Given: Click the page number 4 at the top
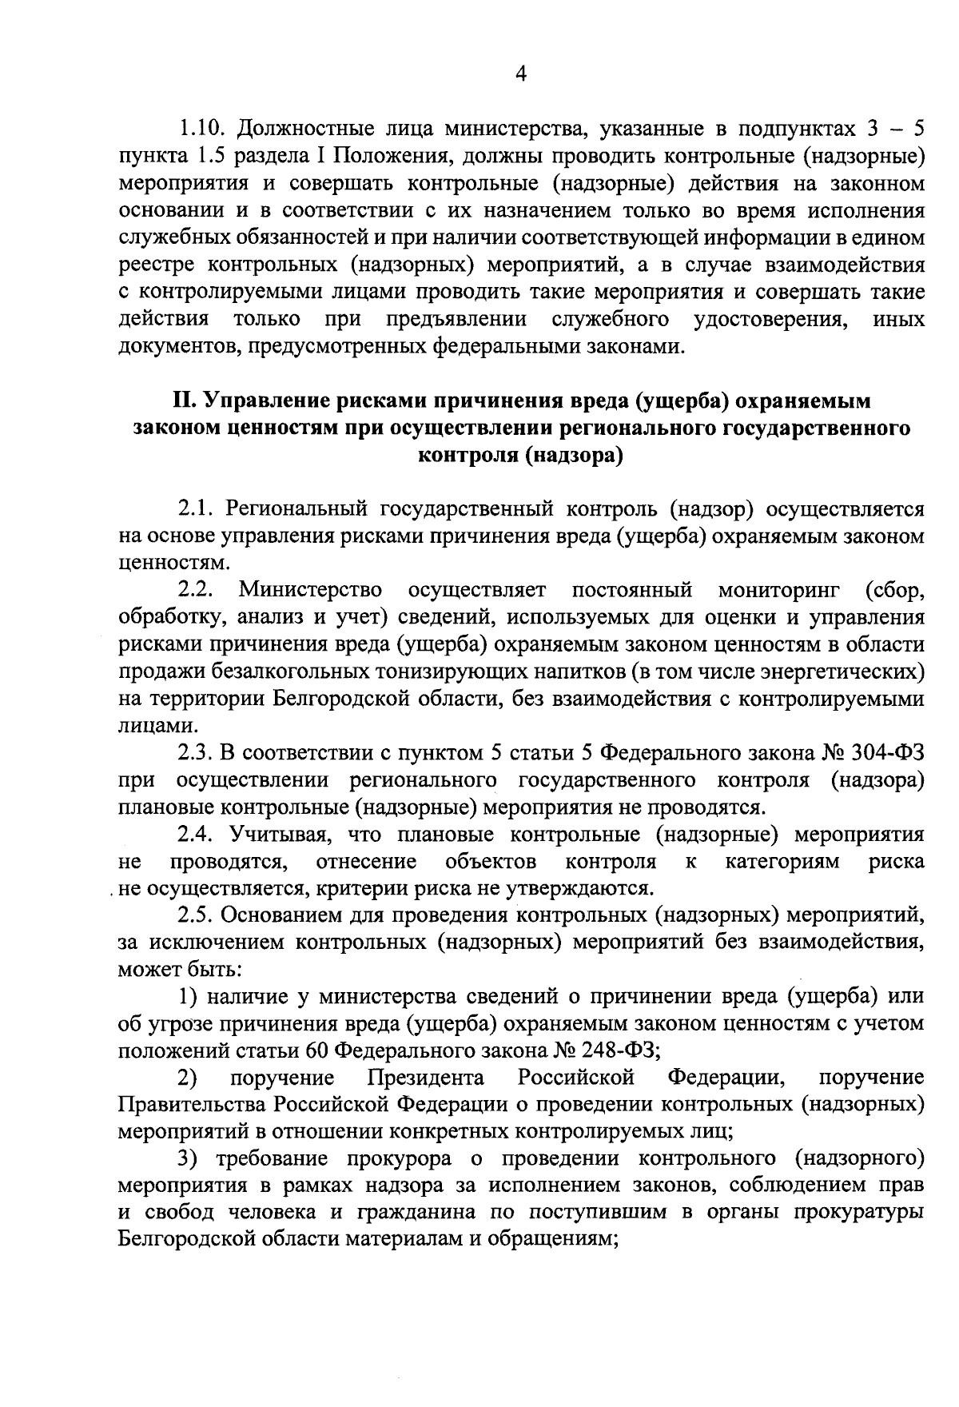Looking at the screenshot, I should pos(521,74).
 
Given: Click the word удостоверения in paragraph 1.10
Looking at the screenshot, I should pos(770,320).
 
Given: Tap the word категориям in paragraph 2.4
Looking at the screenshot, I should pos(782,862).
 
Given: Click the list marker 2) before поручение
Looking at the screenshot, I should pos(188,1078).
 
